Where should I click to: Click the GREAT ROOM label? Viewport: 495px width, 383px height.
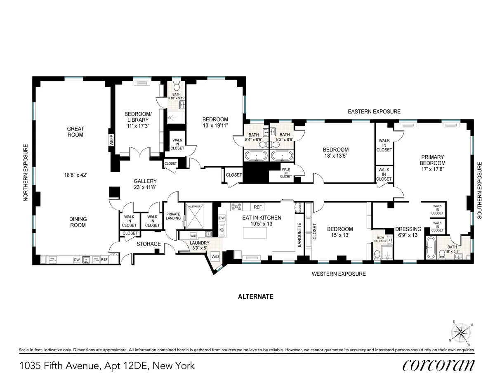75,132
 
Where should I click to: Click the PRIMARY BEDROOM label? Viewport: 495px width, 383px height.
432,160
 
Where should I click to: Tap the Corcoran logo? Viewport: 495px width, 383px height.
438,365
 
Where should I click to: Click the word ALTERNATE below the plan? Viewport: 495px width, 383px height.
256,296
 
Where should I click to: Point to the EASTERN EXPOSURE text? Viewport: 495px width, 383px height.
374,111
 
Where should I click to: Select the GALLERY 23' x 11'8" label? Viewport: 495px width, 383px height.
145,184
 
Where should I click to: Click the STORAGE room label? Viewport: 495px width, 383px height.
148,244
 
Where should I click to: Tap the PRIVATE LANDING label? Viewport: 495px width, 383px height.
174,216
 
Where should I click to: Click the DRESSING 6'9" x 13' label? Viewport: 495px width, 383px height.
408,232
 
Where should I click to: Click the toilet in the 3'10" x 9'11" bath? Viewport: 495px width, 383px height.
177,87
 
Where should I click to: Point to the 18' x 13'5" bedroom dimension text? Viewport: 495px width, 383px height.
335,156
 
